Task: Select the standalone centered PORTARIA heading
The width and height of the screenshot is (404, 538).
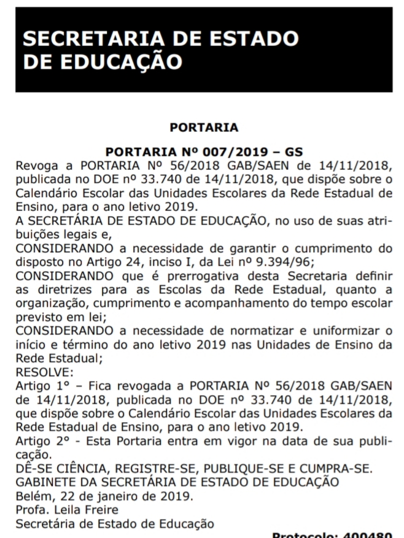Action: click(204, 128)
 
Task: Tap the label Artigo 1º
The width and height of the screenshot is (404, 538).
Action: click(40, 386)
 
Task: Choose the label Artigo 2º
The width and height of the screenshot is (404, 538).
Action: click(40, 441)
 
